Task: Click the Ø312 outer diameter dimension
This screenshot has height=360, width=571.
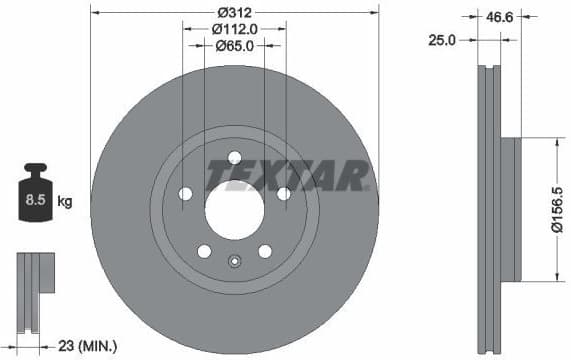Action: [x=234, y=14]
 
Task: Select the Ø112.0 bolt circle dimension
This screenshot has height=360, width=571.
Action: [x=235, y=29]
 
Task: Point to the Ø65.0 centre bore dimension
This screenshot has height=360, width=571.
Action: [x=235, y=46]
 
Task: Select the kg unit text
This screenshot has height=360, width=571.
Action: [x=64, y=202]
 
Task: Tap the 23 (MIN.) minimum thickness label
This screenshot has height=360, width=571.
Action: [x=86, y=346]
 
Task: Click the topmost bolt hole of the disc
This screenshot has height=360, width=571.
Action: [x=234, y=156]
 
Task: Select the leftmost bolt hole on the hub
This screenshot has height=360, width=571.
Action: [x=184, y=194]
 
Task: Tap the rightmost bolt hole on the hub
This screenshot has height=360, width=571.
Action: [x=284, y=193]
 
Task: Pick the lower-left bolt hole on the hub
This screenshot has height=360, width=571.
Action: [x=203, y=251]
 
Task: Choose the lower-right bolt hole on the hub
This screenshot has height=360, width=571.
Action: [x=265, y=251]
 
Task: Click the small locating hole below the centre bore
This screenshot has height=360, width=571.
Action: [x=234, y=263]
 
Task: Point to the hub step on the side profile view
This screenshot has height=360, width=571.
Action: [x=509, y=209]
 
